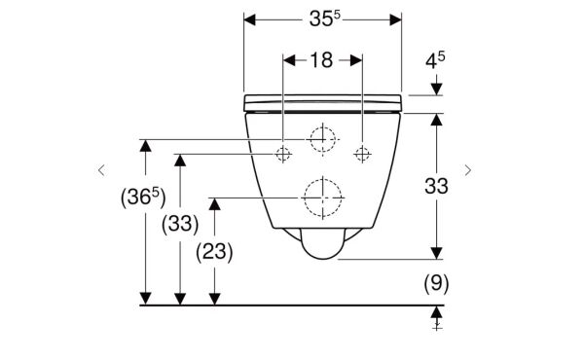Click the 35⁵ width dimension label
click(x=324, y=18)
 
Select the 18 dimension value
click(x=321, y=60)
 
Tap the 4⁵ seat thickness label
click(x=435, y=60)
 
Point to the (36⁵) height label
click(x=143, y=198)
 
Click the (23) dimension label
click(x=214, y=252)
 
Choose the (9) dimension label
click(x=436, y=284)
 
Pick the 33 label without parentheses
click(x=436, y=186)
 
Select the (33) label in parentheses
click(x=180, y=225)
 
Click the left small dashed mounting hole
click(x=283, y=154)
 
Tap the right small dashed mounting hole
click(x=362, y=154)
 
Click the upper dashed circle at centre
click(x=322, y=139)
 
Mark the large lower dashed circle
click(x=322, y=198)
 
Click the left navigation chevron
click(x=101, y=170)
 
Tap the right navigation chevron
click(x=468, y=170)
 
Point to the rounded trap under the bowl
click(x=322, y=243)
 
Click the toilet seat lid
click(x=322, y=103)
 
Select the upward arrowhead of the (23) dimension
click(x=214, y=204)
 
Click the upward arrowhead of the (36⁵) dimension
click(x=146, y=146)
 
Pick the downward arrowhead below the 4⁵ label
click(x=436, y=90)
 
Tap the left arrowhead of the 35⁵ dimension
click(x=250, y=19)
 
